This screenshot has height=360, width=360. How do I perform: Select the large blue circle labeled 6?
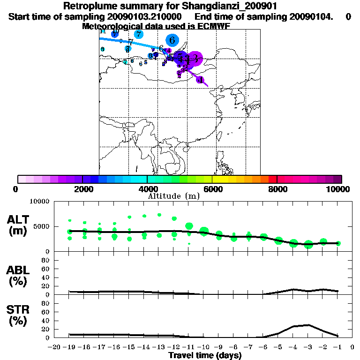172,40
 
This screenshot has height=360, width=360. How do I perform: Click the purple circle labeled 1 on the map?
200,80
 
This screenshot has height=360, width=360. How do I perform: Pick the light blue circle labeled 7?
138,34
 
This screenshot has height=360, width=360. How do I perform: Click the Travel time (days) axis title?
205,356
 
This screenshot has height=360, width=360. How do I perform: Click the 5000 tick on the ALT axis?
41,226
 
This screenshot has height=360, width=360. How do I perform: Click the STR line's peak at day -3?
308,325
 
